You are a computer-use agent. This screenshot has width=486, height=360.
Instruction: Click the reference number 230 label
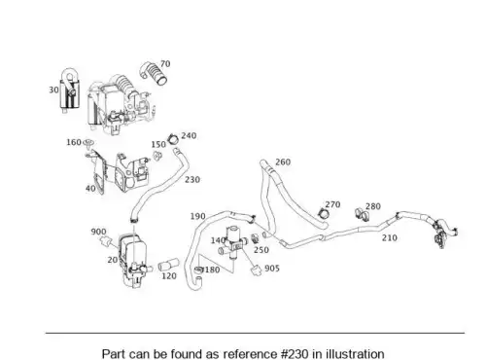point(192,179)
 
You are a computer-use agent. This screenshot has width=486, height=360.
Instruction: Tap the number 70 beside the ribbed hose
point(165,64)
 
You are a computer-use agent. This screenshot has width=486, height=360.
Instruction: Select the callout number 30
point(53,90)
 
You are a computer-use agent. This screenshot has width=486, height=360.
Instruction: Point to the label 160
point(74,142)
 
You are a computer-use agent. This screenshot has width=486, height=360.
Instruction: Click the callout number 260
point(283,162)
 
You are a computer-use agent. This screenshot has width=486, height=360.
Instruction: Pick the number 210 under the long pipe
point(390,237)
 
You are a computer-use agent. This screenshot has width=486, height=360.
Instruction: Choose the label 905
point(272,269)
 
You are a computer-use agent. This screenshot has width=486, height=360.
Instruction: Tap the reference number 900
point(98,232)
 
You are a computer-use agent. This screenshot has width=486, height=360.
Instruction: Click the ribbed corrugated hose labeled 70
point(154,74)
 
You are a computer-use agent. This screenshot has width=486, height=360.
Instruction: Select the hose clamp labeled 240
point(173,139)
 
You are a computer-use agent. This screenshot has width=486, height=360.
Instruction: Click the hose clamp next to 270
point(323,213)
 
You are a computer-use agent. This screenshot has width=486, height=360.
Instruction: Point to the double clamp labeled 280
point(362,213)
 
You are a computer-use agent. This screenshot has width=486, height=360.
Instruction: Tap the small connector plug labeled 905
point(257,270)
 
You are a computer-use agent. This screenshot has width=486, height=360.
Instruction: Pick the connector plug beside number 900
point(106,241)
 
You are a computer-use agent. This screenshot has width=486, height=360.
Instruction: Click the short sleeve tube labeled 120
point(168,264)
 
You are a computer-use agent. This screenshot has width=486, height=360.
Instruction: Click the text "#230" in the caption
point(293,353)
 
